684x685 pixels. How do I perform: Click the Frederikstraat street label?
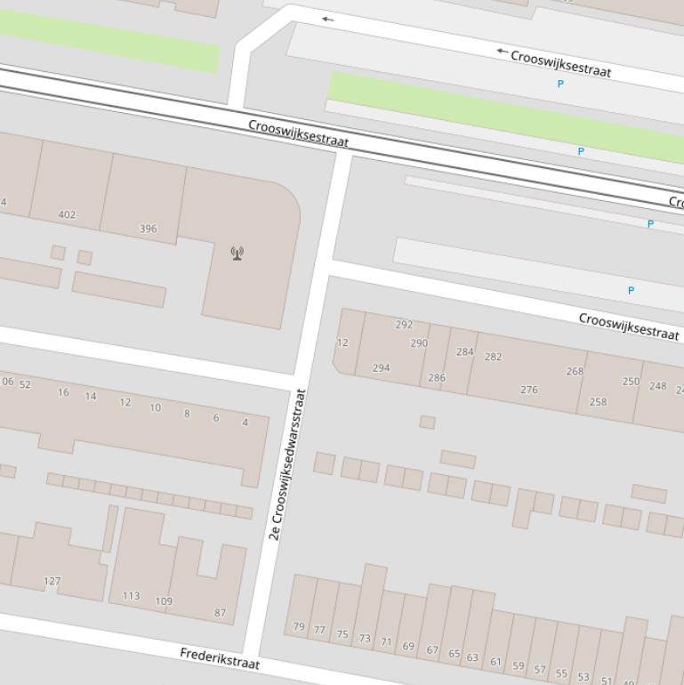point(220,659)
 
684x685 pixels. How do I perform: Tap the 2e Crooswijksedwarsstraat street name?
point(288,465)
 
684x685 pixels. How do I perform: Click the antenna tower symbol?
point(237,254)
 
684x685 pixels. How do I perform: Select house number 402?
point(67,214)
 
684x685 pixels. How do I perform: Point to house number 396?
point(149,229)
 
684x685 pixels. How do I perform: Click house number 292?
point(404,325)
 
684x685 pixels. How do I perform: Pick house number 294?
point(382,367)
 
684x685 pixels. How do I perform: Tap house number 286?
point(437,378)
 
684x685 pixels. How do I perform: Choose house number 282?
point(493,357)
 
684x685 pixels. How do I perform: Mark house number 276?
point(529,390)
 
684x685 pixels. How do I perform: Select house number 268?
point(575,371)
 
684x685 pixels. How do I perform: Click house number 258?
point(598,402)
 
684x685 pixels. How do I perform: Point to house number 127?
point(52,581)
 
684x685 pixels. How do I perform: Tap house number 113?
point(131,596)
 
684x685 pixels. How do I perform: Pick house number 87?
point(221,613)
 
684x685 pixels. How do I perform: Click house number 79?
point(299,626)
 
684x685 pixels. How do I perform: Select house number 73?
point(365,638)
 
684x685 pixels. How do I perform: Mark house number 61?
point(495,662)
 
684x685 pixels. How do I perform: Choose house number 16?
point(63,392)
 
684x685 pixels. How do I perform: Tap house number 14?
point(91,397)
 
